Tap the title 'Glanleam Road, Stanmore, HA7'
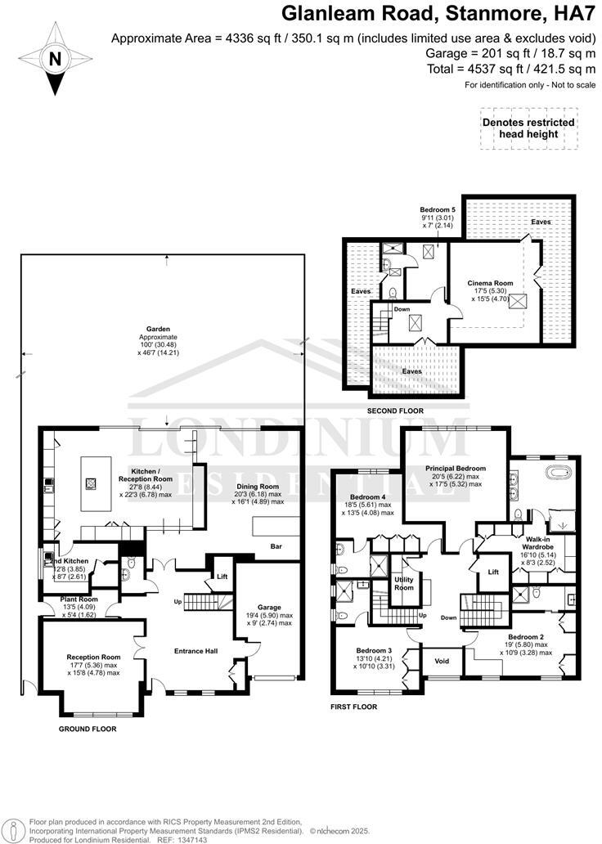(436, 13)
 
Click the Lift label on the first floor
(494, 572)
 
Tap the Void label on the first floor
(442, 661)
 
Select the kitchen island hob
(90, 483)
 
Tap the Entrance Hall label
(196, 651)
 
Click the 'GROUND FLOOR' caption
(88, 728)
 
